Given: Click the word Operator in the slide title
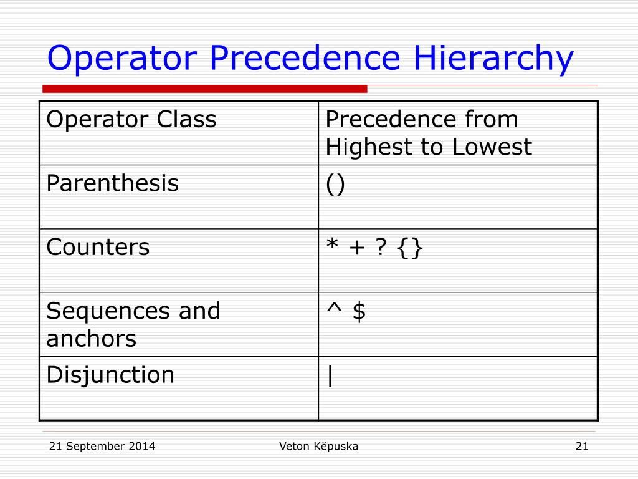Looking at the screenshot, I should [123, 59].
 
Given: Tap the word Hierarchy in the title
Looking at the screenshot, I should [490, 59].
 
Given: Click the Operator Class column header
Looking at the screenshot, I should [131, 119].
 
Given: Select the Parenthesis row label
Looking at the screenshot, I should [113, 184].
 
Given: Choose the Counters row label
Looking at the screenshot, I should [98, 248].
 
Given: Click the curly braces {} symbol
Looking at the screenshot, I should [409, 248].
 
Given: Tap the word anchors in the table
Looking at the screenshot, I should [91, 339].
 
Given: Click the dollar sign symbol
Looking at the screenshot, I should [358, 311].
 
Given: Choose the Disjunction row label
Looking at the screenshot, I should [110, 375].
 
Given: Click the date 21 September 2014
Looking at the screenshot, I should [102, 446].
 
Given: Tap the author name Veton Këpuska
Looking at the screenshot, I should [318, 446].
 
